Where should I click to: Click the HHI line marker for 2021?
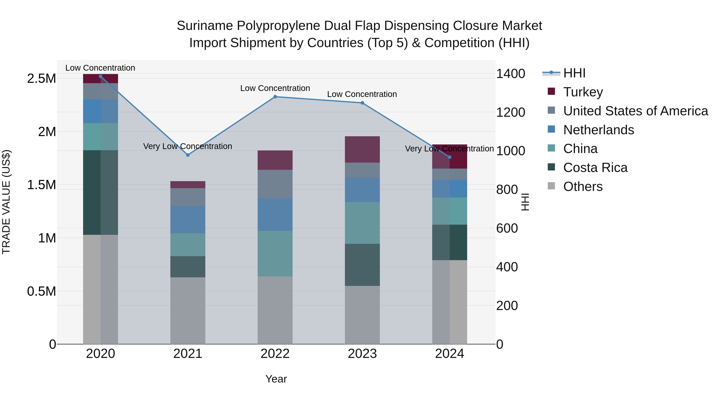[188, 155]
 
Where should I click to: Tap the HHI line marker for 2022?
[275, 97]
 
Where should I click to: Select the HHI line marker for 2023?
[362, 103]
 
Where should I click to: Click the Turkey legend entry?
[583, 92]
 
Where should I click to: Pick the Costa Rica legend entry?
[595, 168]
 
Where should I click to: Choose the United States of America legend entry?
[635, 111]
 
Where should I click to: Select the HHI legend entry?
[574, 73]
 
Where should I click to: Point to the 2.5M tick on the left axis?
[41, 79]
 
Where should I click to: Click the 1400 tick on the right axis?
[510, 74]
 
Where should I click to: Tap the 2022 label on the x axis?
[275, 354]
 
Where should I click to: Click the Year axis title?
[276, 379]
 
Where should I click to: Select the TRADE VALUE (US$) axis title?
[6, 202]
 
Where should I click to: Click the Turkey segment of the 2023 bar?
[362, 149]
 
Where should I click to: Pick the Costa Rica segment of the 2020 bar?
[100, 192]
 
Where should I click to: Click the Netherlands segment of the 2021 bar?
[188, 219]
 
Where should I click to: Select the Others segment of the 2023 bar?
[362, 315]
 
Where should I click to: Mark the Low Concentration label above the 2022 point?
[275, 88]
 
